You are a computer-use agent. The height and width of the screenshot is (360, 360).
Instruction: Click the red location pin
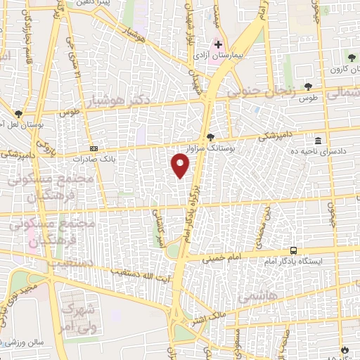tap(181, 165)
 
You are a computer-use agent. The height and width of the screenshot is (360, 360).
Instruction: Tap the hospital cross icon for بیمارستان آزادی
tap(218, 44)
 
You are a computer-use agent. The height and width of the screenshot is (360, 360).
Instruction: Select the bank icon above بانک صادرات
tap(94, 149)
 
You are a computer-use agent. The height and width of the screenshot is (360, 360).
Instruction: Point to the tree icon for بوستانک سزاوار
tap(210, 136)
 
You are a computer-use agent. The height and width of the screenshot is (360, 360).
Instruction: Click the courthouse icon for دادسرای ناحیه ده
tap(319, 141)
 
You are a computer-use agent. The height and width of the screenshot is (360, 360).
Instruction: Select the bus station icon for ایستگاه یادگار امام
tap(293, 250)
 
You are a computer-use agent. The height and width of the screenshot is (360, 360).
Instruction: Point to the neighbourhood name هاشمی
tap(254, 296)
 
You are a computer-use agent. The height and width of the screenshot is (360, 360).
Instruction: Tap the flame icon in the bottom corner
tap(344, 349)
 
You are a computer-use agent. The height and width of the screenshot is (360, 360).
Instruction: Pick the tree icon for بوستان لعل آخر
tap(19, 113)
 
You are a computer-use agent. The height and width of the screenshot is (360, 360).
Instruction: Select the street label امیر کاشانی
tap(162, 228)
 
